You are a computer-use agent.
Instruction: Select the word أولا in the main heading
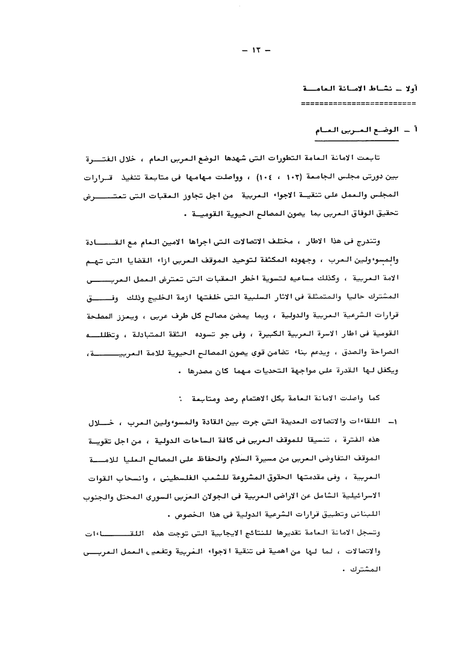coord(410,88)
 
